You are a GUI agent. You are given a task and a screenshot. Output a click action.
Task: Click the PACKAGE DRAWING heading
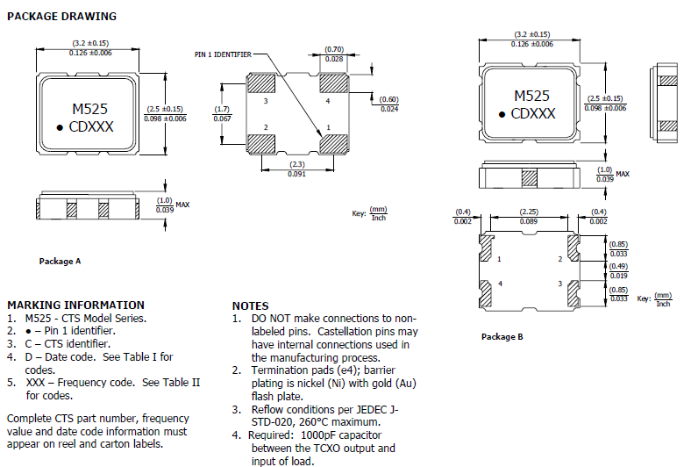[x=61, y=16]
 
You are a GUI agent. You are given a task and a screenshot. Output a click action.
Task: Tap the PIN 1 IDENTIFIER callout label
[x=223, y=54]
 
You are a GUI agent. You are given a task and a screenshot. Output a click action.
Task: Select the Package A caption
[x=61, y=262]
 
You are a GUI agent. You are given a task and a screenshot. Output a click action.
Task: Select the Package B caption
[x=502, y=336]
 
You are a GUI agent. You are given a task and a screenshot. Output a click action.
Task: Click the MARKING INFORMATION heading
[x=75, y=305]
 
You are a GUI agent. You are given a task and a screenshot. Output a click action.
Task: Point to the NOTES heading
[x=250, y=305]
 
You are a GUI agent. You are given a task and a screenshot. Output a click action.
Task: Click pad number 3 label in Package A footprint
[x=266, y=102]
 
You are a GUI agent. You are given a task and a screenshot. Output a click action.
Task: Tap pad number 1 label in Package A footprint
[x=328, y=128]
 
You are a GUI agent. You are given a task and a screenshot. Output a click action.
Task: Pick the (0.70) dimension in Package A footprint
[x=334, y=49]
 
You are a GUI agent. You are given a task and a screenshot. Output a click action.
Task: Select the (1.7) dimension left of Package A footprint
[x=223, y=109]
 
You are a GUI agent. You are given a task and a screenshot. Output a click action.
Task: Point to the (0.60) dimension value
[x=389, y=99]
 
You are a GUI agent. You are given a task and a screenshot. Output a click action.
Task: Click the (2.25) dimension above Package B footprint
[x=529, y=212]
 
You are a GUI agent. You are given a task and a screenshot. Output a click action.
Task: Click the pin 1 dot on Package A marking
[x=61, y=128]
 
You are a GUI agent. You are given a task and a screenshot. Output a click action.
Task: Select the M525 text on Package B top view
[x=532, y=96]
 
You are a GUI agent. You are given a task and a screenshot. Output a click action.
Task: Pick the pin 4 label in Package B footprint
[x=501, y=284]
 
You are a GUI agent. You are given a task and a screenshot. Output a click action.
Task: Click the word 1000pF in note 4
[x=321, y=434]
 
